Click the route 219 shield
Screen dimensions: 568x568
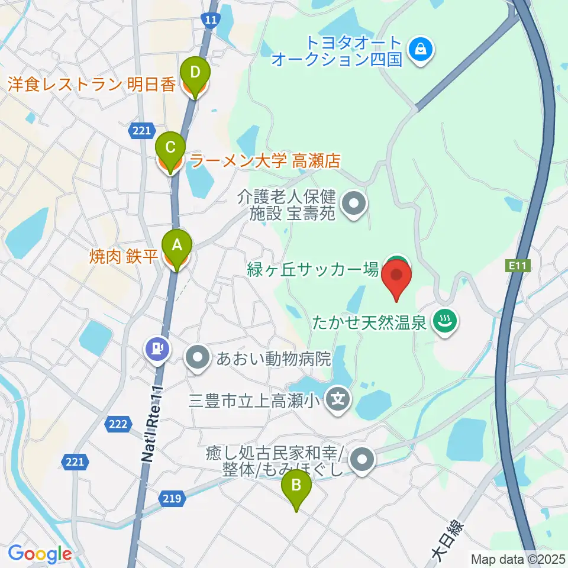click(x=171, y=499)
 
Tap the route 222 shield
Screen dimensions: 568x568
click(x=117, y=423)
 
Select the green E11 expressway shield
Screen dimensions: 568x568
click(x=517, y=267)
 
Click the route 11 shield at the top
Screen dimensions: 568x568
click(x=210, y=20)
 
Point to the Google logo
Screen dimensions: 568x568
click(x=39, y=554)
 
